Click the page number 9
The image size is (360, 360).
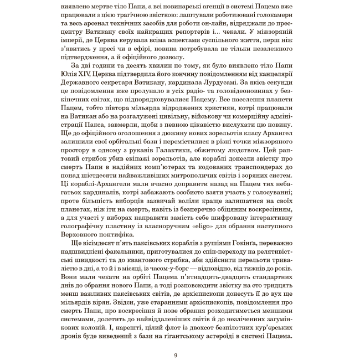click(175, 356)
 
